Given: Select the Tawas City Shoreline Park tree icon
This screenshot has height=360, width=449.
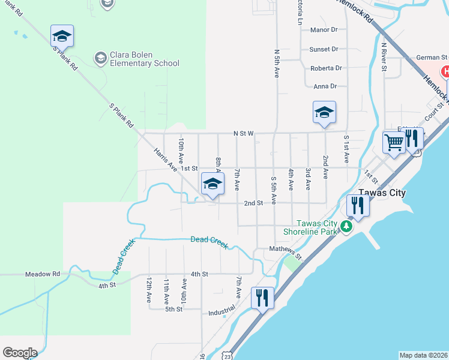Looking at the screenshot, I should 346,227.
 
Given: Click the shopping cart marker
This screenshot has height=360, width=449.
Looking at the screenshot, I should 394,143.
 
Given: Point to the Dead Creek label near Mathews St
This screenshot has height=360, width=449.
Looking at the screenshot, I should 209,240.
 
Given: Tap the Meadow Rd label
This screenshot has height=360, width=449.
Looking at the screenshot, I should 43,274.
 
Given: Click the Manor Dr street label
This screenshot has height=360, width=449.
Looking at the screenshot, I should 324,29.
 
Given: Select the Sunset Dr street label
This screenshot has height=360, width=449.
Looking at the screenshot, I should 324,49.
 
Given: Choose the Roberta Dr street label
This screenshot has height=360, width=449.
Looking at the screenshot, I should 326,68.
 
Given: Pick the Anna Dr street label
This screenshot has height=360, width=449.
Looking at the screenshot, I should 325,86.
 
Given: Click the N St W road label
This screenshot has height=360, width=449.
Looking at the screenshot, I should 244,133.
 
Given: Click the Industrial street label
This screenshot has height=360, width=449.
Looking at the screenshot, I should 221,313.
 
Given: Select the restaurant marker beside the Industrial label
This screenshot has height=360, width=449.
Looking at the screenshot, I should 262,298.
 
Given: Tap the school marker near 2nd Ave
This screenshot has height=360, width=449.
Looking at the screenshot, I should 324,112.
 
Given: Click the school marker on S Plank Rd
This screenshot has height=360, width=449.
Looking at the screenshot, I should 62,36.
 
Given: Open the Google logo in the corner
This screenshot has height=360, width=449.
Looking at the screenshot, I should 19,353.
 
